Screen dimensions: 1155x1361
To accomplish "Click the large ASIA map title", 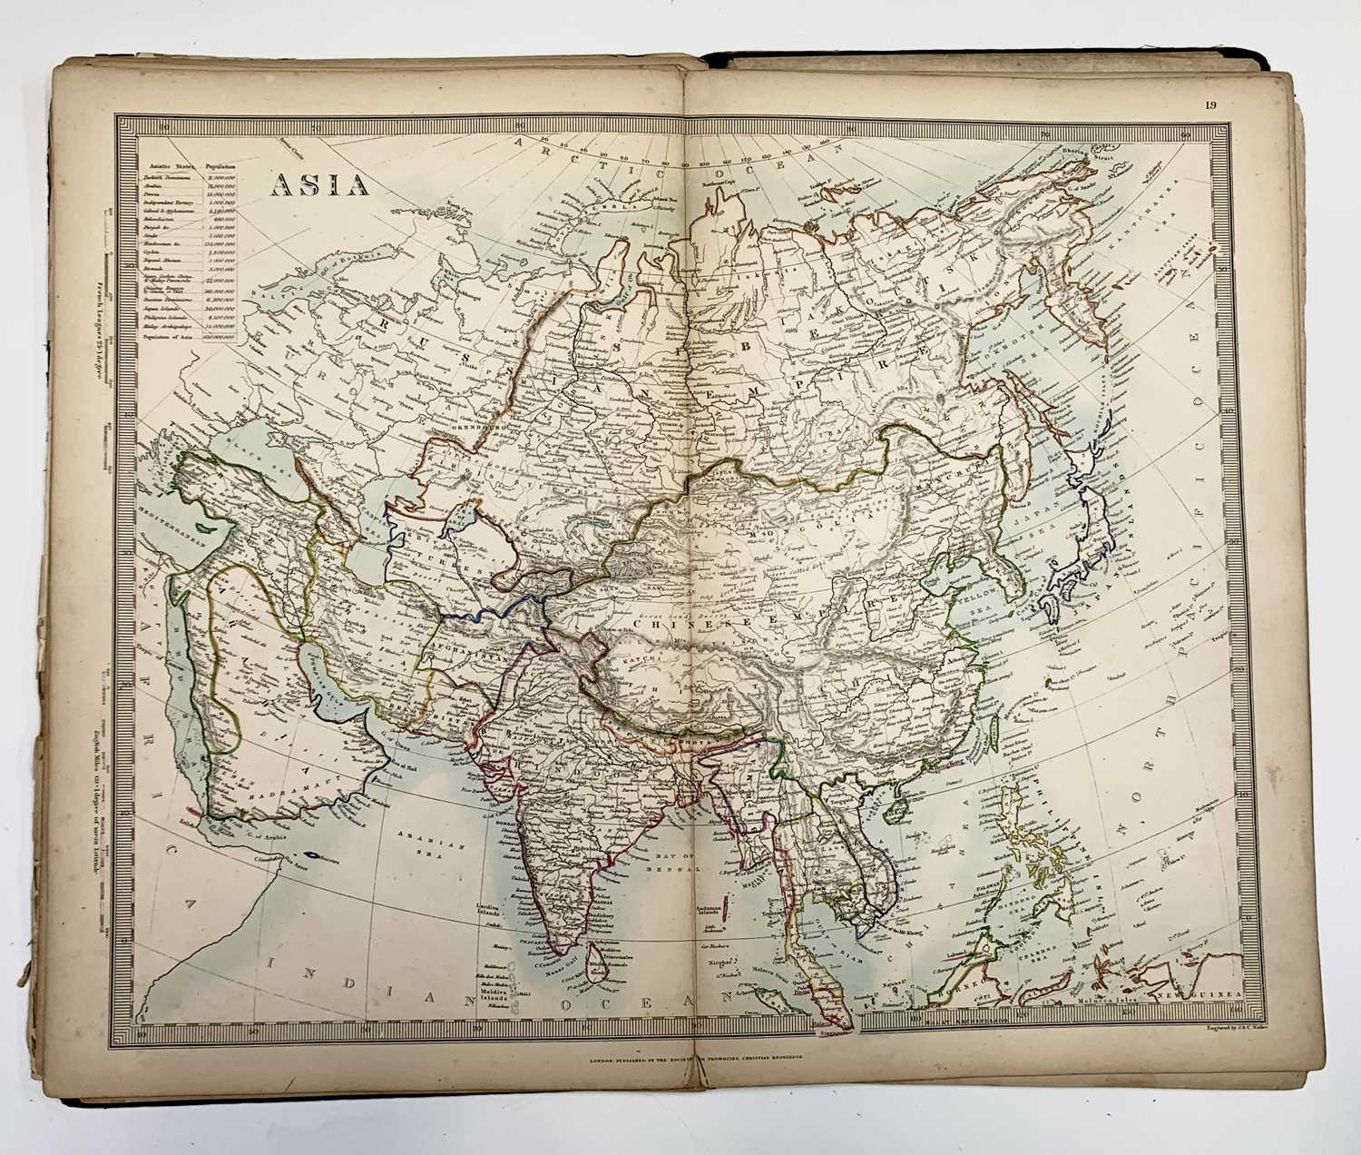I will [318, 184].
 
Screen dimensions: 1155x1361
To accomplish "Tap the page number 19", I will [1210, 105].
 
